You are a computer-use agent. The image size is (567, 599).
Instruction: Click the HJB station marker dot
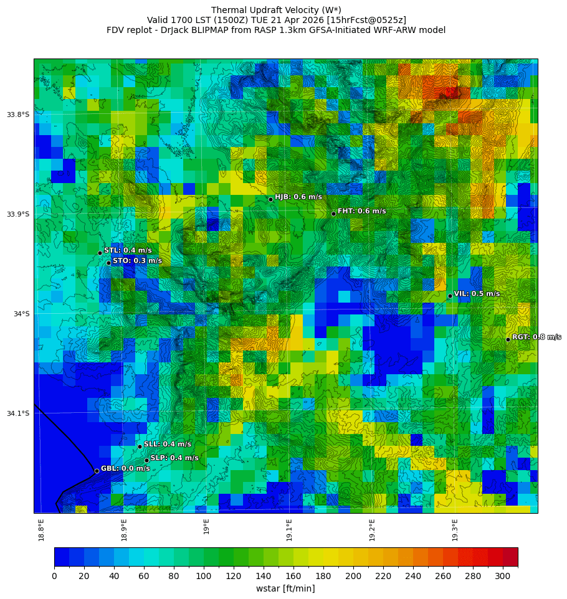pyautogui.click(x=270, y=199)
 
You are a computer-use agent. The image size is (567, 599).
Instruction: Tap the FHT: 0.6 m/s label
pyautogui.click(x=361, y=211)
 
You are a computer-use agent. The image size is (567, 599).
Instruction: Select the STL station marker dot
pyautogui.click(x=100, y=253)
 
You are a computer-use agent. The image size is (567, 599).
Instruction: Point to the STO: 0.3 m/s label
pyautogui.click(x=137, y=261)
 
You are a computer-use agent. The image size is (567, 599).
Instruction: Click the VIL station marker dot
pyautogui.click(x=450, y=296)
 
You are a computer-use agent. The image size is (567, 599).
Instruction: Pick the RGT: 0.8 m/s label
pyautogui.click(x=536, y=337)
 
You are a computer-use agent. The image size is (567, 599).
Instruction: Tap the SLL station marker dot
pyautogui.click(x=140, y=446)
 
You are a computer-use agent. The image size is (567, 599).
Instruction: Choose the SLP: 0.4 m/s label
pyautogui.click(x=174, y=458)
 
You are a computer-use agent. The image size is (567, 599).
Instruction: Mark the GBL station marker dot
pyautogui.click(x=97, y=471)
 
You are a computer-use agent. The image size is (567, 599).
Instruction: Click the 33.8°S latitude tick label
pyautogui.click(x=18, y=115)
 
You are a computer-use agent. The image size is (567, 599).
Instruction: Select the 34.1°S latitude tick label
pyautogui.click(x=18, y=413)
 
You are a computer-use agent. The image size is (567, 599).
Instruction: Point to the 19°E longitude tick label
pyautogui.click(x=206, y=527)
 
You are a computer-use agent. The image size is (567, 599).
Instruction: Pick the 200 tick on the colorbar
pyautogui.click(x=353, y=577)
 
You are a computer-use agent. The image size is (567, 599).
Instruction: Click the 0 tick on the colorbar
pyautogui.click(x=54, y=577)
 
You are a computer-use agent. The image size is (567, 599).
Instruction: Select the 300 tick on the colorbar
pyautogui.click(x=503, y=577)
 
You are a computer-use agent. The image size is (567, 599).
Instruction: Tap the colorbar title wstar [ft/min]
pyautogui.click(x=285, y=588)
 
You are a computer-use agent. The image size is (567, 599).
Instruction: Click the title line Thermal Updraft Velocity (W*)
pyautogui.click(x=276, y=10)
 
